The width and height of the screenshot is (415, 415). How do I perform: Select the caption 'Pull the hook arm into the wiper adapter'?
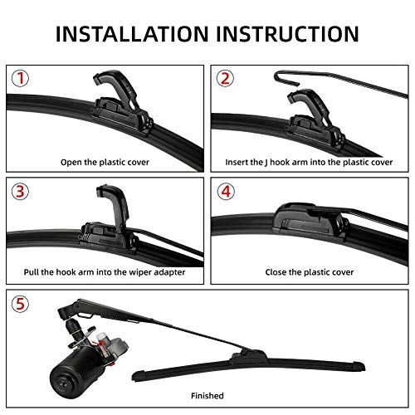105,271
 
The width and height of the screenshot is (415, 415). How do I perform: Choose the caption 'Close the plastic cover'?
309,271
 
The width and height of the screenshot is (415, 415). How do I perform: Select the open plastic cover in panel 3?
116,203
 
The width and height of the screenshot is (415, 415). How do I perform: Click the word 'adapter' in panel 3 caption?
163,271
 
